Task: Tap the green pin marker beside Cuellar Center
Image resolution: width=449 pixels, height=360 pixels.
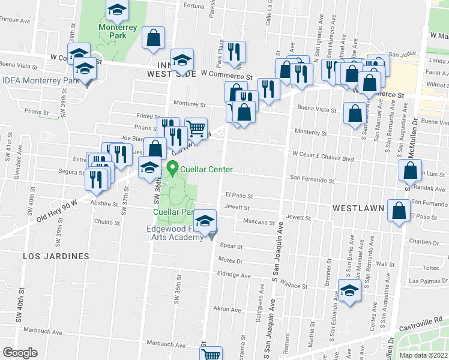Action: (174, 169)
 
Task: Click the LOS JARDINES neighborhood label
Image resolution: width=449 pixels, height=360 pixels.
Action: (56, 256)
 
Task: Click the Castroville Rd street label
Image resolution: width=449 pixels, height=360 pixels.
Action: (421, 323)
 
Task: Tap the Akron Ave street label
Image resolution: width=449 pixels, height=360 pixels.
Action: (227, 310)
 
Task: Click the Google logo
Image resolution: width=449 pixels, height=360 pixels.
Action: (20, 353)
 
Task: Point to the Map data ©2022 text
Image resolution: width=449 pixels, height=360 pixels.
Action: (424, 355)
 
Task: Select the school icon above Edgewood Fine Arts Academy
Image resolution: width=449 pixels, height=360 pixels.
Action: (205, 222)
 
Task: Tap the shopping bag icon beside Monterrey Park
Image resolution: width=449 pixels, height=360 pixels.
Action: (154, 38)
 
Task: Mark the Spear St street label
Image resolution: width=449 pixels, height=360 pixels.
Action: (231, 246)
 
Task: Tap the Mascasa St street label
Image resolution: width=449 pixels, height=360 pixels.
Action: (259, 221)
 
